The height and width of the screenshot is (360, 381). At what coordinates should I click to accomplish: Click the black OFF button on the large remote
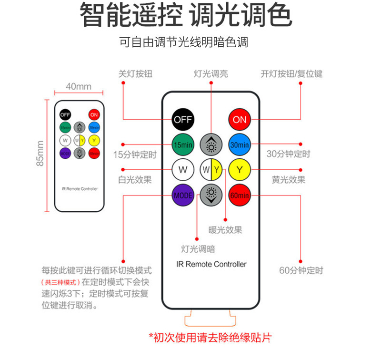tap(183, 119)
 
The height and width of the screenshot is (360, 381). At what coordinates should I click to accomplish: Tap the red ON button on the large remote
tap(240, 119)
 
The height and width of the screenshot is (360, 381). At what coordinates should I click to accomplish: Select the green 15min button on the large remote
tap(183, 144)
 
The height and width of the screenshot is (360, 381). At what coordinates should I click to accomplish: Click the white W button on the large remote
tap(183, 169)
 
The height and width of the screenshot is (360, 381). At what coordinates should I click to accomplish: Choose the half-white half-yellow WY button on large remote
tap(211, 169)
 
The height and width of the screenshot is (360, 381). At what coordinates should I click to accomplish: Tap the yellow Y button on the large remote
tap(240, 169)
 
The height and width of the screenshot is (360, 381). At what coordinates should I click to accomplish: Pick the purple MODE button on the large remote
tap(183, 195)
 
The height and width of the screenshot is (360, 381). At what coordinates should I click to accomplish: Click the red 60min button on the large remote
tap(240, 195)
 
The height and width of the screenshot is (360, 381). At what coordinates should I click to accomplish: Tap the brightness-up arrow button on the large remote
tap(211, 144)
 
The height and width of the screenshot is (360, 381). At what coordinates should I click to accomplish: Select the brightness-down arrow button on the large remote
tap(211, 195)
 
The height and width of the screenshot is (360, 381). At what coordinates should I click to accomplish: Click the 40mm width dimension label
tap(79, 86)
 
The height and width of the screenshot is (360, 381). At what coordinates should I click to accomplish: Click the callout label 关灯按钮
tap(136, 74)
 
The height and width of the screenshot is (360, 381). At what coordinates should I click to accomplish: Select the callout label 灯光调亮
tap(211, 74)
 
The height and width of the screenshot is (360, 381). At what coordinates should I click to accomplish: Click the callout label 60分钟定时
tap(301, 270)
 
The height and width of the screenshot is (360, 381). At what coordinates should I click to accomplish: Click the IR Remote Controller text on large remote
tap(211, 264)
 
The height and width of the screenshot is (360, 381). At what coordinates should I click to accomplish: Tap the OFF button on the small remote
tap(65, 114)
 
